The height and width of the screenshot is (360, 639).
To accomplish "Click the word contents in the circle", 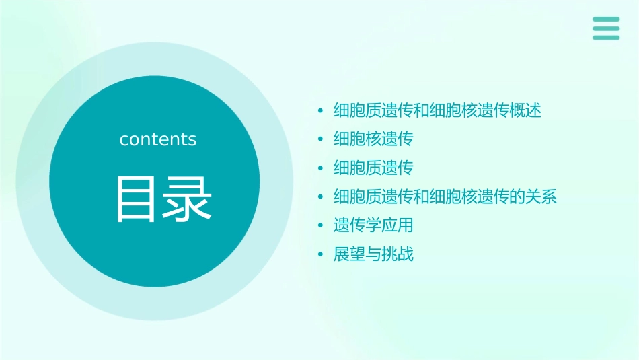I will point(158,139).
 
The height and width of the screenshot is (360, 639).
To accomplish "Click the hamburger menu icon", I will point(606,29).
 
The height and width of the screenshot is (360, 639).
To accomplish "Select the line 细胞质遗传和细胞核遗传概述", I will point(437,110).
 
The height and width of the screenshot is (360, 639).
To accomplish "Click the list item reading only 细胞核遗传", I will point(373,139).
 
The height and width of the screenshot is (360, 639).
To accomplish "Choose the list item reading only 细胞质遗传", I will point(373,168).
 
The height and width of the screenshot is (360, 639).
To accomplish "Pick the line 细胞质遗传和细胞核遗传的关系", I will point(445,197).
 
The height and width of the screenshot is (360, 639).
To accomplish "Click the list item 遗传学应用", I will point(373,225).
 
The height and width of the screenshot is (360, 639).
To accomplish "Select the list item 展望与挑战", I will point(373,254).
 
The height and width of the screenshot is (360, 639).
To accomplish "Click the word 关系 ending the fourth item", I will point(541,197).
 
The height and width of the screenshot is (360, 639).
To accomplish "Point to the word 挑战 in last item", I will point(398,254).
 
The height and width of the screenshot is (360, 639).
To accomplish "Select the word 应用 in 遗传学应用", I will point(398,225).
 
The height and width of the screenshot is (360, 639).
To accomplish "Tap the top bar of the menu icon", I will point(606,20).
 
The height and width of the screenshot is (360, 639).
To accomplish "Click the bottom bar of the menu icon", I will point(606,38).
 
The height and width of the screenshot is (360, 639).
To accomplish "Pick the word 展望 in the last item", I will point(350,254).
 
